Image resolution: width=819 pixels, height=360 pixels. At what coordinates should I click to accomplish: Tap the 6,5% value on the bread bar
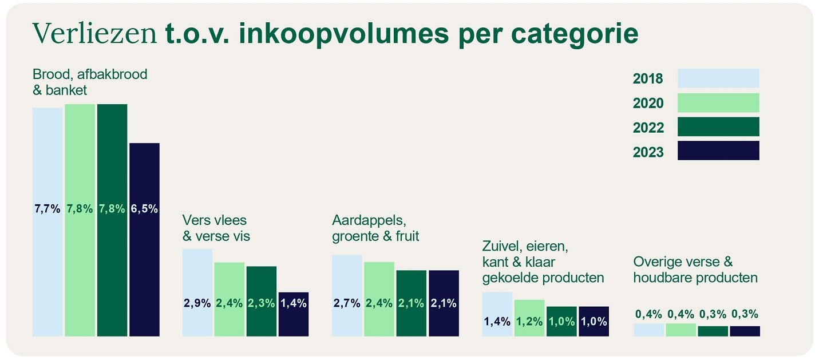point(144,209)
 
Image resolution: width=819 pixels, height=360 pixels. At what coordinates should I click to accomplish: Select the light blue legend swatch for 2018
point(718,78)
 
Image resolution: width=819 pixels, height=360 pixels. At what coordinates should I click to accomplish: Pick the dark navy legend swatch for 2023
point(718,151)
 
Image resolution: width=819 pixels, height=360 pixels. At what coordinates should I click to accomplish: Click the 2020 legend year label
point(648,103)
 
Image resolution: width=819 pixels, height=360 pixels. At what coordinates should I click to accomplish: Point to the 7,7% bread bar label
point(48,209)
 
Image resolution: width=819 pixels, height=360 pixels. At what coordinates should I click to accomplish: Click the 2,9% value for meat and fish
point(197,303)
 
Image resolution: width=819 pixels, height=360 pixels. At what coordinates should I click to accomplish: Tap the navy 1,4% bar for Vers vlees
point(294,314)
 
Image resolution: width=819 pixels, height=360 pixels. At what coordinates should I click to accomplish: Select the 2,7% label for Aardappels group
point(347,303)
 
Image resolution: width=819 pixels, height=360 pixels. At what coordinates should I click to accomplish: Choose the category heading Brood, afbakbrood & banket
point(90,82)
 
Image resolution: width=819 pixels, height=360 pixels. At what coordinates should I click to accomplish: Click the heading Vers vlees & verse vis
point(216,228)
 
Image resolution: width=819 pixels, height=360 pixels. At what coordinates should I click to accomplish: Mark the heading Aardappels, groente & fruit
point(375,228)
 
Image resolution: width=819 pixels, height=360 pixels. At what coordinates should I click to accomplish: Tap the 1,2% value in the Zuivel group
point(529,321)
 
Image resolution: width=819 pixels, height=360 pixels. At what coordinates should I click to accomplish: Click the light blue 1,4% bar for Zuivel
point(497,314)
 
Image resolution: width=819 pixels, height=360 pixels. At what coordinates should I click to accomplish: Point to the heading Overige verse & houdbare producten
point(695,270)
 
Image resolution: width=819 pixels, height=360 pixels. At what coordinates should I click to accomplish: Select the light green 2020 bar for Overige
point(680,330)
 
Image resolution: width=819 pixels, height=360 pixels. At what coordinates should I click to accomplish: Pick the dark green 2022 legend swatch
point(718,126)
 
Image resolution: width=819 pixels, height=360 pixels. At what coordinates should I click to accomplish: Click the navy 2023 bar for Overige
point(745,331)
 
